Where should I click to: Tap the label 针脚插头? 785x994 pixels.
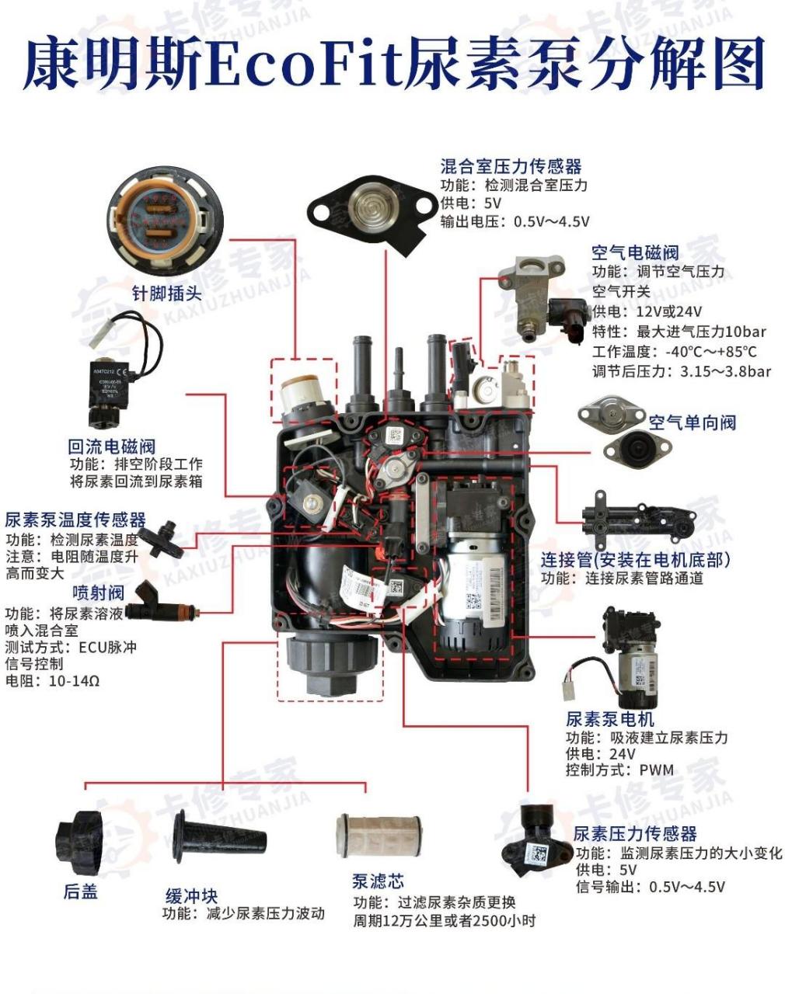[x=166, y=294]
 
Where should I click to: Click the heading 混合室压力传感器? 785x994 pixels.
[x=511, y=166]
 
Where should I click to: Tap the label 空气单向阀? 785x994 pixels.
[x=692, y=422]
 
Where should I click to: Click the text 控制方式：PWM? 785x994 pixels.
[x=619, y=770]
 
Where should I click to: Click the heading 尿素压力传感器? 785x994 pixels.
[x=635, y=833]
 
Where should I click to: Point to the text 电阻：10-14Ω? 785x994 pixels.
[x=53, y=681]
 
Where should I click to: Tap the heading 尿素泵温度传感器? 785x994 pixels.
[x=75, y=520]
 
